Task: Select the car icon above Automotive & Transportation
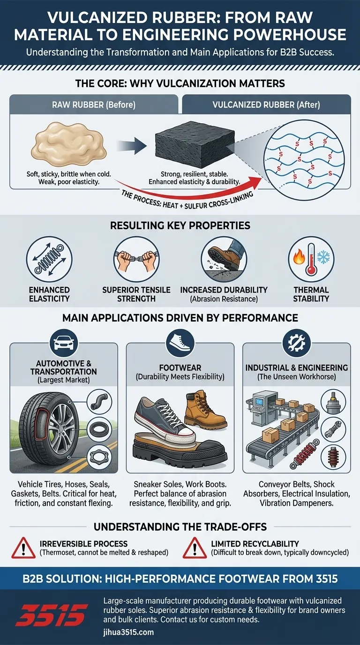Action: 63,344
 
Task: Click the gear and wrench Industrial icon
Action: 296,344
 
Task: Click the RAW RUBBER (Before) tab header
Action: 93,105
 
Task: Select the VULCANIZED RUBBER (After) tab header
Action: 266,105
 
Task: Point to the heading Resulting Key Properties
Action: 180,225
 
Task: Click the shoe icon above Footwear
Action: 180,344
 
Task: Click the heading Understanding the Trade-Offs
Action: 180,526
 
